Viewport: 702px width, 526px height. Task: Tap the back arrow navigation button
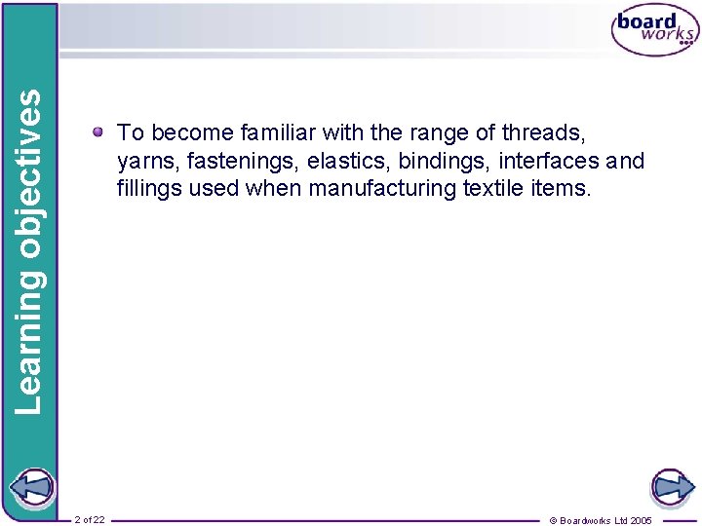tap(29, 486)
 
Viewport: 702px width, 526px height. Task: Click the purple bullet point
tap(99, 131)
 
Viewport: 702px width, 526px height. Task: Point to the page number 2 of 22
tap(90, 520)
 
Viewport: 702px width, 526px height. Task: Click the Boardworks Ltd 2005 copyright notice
tap(601, 520)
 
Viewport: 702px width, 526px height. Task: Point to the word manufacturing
tap(382, 187)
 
